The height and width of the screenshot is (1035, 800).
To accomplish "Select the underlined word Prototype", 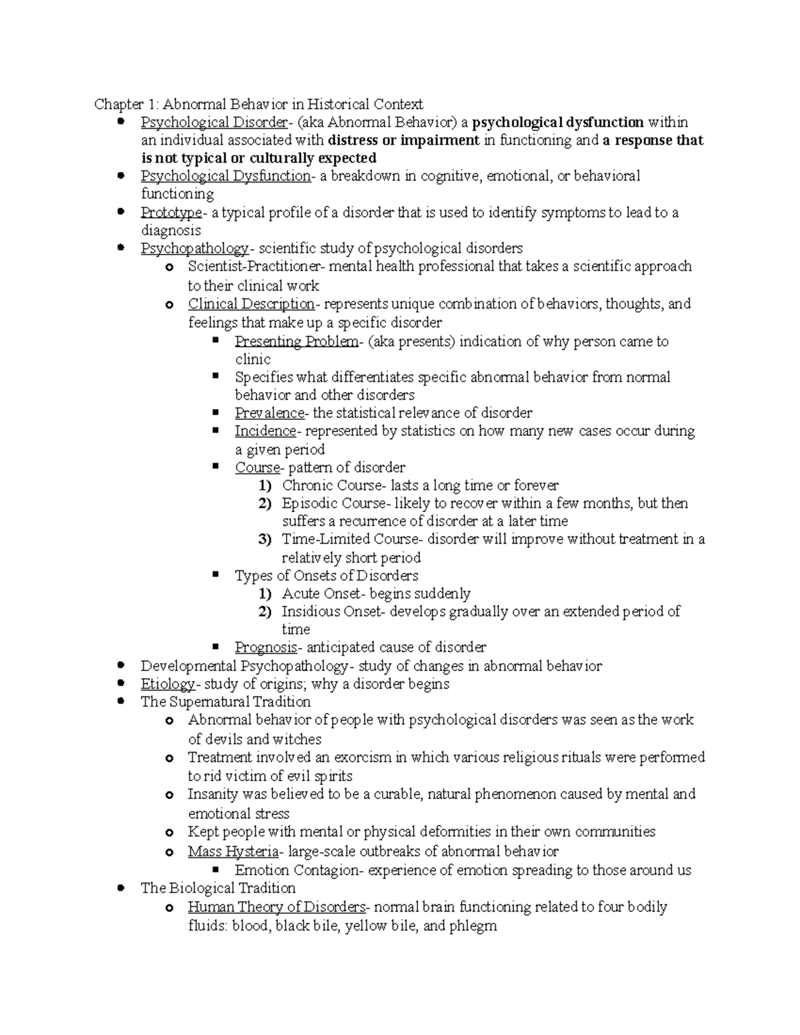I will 170,213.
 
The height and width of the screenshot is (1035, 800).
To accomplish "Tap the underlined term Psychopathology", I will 194,249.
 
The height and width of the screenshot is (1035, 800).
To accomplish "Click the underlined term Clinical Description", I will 251,304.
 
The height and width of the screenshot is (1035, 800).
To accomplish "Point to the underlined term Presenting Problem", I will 296,342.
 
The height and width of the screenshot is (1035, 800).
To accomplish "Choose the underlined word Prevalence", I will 269,413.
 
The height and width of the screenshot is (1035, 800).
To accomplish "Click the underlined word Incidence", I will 265,431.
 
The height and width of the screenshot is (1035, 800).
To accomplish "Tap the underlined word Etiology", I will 167,684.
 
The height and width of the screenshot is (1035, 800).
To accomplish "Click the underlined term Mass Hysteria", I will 233,852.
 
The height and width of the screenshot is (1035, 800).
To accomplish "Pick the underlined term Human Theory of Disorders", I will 276,907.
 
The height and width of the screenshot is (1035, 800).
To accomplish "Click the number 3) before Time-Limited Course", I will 265,539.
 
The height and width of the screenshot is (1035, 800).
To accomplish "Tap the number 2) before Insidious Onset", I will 265,612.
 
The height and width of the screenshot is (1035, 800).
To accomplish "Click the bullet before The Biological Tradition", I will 121,888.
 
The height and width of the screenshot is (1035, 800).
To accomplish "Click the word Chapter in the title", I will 118,105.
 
